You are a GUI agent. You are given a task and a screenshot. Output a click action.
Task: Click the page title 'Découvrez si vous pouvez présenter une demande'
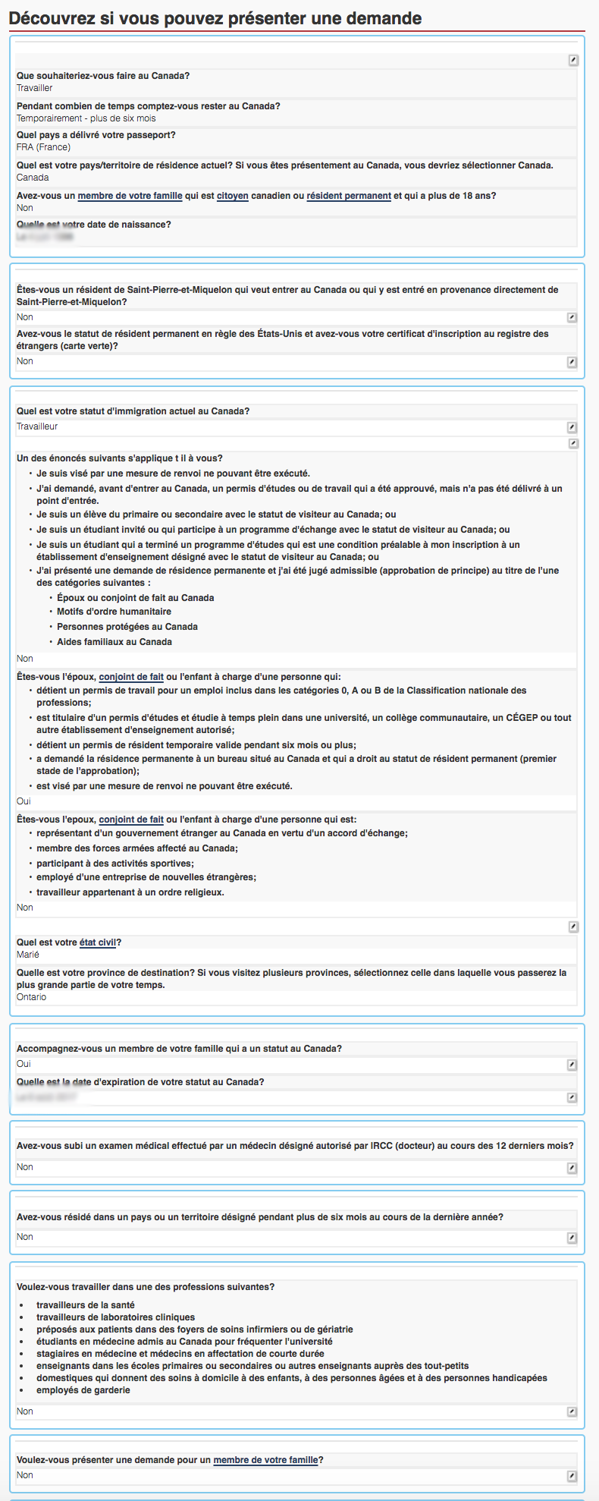click(215, 18)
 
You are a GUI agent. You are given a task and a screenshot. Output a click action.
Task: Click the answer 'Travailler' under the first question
click(35, 88)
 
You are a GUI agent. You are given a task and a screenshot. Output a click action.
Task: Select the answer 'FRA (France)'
click(43, 147)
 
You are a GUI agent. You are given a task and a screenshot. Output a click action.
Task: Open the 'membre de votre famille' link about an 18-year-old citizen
click(130, 196)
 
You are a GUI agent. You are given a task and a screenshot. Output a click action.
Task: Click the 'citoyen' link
click(233, 196)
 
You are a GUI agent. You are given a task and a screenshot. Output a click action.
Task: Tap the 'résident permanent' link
click(349, 196)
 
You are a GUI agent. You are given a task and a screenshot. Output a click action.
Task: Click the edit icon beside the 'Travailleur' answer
click(572, 427)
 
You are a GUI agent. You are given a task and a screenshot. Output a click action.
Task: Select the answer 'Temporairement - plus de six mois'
click(86, 118)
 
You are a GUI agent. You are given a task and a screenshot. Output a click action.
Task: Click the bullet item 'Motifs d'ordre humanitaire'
click(114, 612)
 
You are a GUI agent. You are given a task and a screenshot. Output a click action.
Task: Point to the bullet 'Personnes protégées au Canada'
click(127, 627)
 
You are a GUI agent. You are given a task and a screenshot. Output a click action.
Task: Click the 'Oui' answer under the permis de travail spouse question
click(24, 801)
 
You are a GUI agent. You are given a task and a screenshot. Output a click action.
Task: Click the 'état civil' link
click(98, 942)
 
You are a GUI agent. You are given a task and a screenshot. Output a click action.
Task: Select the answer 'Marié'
click(28, 955)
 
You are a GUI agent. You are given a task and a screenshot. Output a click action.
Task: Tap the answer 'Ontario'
click(32, 997)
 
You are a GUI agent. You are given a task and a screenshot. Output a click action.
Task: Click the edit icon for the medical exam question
click(572, 1168)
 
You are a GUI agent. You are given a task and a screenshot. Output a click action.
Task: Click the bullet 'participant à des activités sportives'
click(115, 864)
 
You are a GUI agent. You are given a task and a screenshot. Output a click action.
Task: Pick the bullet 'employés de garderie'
click(83, 1390)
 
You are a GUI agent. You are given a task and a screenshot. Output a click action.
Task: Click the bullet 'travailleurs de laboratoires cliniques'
click(116, 1317)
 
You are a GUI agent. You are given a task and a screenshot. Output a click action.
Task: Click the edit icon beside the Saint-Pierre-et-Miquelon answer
click(572, 318)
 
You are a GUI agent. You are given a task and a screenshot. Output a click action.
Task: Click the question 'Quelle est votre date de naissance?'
click(94, 225)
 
